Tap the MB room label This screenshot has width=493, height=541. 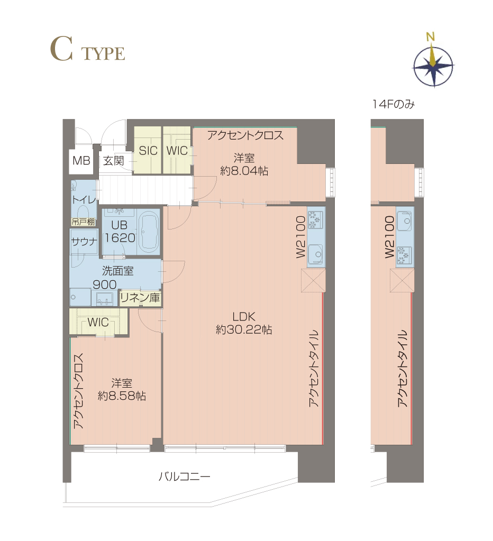coord(81,160)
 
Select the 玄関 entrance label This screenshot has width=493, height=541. coord(114,160)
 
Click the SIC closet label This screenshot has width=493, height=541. coord(148,151)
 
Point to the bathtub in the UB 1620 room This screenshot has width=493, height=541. coord(149,232)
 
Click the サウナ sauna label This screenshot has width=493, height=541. coord(84,242)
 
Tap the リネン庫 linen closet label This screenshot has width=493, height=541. coord(140,298)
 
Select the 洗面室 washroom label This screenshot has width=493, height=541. coord(117,271)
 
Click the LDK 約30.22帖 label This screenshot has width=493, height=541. coord(244,323)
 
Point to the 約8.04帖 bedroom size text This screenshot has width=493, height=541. coord(244,171)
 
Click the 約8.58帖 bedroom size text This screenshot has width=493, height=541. coord(122,396)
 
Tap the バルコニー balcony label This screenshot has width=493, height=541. coord(184,477)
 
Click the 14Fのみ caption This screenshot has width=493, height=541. coord(394,104)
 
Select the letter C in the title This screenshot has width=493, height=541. coord(62,49)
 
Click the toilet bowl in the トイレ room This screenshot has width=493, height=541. coord(83,212)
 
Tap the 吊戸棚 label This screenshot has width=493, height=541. coord(83,222)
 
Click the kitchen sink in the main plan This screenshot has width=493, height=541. coord(315,254)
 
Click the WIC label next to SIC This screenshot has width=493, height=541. coord(177,151)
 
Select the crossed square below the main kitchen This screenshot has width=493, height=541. coord(313,280)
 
